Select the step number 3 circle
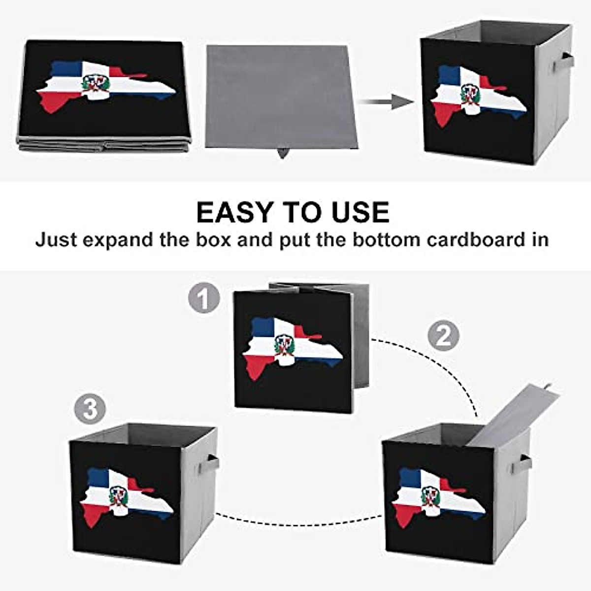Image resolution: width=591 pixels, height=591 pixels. pos(91,409)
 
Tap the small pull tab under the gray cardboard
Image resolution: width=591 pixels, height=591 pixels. pos(283,153)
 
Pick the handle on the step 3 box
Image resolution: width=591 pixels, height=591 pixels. pos(211,463)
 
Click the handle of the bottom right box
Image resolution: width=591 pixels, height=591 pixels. pos(523,463)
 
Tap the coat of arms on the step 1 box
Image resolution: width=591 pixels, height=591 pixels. pos(284,345)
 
